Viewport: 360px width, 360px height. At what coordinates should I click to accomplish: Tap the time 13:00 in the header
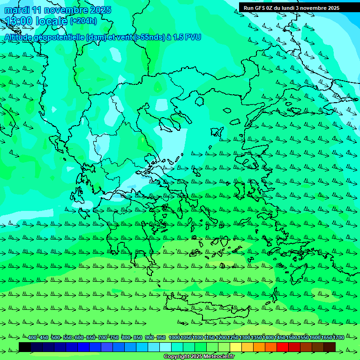pyautogui.click(x=19, y=21)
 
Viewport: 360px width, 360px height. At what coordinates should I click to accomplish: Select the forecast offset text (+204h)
pyautogui.click(x=83, y=21)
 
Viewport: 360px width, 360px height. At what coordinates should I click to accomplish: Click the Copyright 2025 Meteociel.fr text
pyautogui.click(x=199, y=357)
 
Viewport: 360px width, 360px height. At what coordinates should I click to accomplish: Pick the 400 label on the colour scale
pyautogui.click(x=32, y=338)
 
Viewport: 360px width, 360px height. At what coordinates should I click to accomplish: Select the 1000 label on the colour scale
pyautogui.click(x=174, y=338)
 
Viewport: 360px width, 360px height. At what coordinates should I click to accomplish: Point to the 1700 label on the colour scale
pyautogui.click(x=338, y=338)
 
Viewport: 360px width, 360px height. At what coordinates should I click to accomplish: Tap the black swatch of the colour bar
pyautogui.click(x=25, y=347)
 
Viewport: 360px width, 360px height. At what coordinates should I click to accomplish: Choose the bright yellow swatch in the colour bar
pyautogui.click(x=236, y=347)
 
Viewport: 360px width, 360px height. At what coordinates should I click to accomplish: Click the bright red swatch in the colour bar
pyautogui.click(x=283, y=347)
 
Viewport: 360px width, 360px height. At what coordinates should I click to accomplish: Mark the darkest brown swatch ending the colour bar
pyautogui.click(x=330, y=347)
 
